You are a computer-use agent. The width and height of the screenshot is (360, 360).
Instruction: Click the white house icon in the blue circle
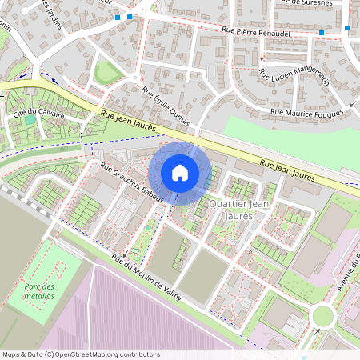point(180,173)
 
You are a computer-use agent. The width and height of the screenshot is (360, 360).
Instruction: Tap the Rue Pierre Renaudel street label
point(254,31)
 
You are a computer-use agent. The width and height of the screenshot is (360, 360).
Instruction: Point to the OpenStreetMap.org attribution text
point(80,354)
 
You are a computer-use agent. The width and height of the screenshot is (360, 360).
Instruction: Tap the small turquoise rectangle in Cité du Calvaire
point(30,120)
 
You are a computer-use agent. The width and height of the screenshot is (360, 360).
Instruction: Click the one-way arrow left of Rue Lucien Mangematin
point(261,58)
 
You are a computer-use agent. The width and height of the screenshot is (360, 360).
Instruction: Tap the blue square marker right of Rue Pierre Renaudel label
point(322,33)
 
